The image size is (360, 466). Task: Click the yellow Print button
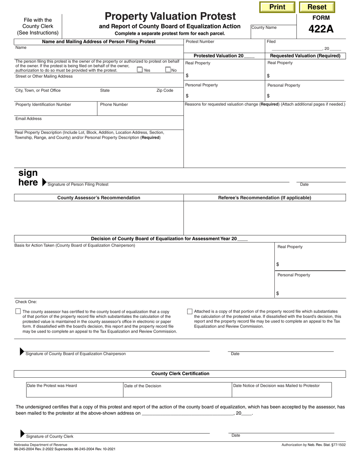click(x=277, y=7)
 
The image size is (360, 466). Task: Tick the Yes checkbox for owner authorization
click(x=140, y=70)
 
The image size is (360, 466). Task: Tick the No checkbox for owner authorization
click(x=168, y=70)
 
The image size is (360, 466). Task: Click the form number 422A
click(x=321, y=29)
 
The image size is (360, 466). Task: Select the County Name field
click(x=274, y=32)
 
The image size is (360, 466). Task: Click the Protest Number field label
click(x=200, y=42)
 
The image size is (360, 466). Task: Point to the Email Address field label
click(x=28, y=119)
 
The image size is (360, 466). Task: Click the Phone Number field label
click(x=114, y=105)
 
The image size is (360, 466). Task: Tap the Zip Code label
click(x=165, y=91)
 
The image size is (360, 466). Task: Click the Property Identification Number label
click(x=43, y=105)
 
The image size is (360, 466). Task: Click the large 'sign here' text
click(x=28, y=178)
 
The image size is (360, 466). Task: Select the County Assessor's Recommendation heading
click(x=99, y=198)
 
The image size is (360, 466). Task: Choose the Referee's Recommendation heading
click(x=265, y=198)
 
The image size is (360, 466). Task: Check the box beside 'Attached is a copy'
click(x=190, y=311)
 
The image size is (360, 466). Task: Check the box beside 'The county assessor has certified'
click(x=18, y=311)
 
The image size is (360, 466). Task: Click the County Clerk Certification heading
click(x=180, y=374)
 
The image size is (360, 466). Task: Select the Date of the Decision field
click(x=177, y=389)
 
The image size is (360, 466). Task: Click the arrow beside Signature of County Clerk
click(x=22, y=433)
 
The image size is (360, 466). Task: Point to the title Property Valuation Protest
click(x=170, y=17)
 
